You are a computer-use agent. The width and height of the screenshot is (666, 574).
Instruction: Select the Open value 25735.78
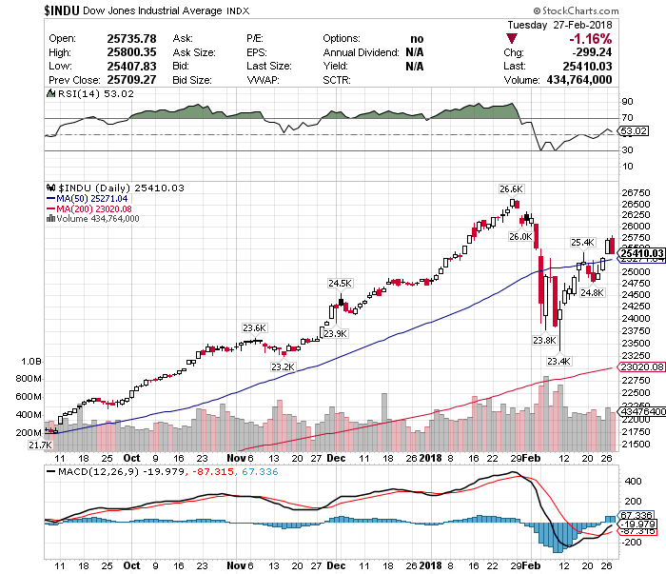pyautogui.click(x=111, y=38)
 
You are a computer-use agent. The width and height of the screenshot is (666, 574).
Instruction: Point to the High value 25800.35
pyautogui.click(x=111, y=52)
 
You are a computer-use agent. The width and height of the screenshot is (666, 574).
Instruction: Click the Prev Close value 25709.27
pyautogui.click(x=111, y=81)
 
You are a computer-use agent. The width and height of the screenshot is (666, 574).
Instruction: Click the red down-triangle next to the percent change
pyautogui.click(x=514, y=39)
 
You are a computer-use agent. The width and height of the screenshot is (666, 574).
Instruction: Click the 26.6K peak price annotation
pyautogui.click(x=513, y=188)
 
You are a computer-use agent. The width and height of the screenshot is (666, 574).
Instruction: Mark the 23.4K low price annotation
pyautogui.click(x=558, y=361)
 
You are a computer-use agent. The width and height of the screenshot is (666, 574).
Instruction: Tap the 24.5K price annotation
pyautogui.click(x=340, y=283)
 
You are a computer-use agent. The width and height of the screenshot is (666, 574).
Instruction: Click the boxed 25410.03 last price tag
pyautogui.click(x=640, y=253)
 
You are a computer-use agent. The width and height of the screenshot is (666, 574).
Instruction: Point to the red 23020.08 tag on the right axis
pyautogui.click(x=640, y=366)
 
